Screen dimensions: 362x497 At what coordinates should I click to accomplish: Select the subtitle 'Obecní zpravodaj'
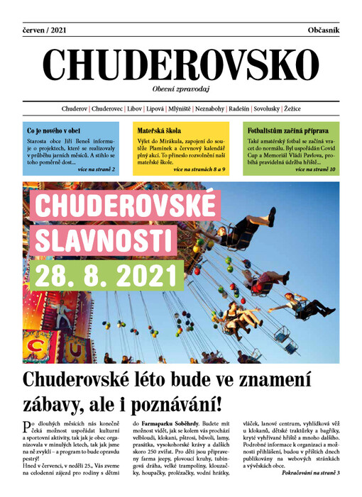(181, 89)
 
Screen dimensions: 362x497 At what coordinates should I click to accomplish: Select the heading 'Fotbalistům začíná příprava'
(287, 131)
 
